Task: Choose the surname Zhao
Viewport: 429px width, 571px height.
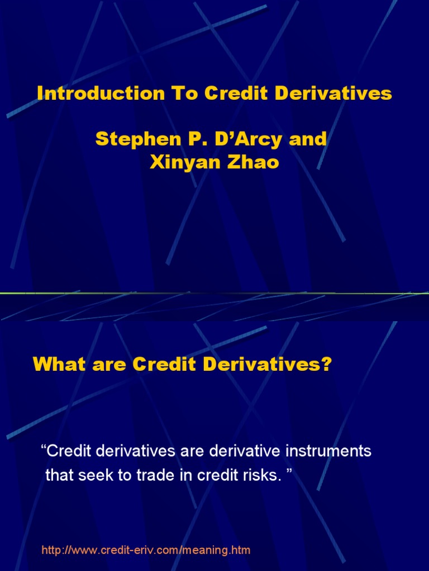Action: [x=253, y=163]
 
